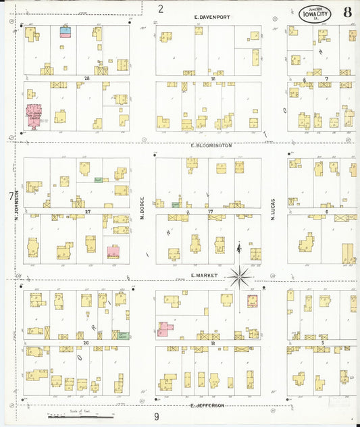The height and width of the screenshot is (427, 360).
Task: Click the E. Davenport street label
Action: pos(211,17)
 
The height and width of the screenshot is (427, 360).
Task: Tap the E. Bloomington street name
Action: pos(211,145)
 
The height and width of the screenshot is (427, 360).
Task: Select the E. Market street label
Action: pos(202,276)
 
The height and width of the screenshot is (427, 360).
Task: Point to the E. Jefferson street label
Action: pos(207,405)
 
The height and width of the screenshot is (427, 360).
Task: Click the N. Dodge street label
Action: pos(143,208)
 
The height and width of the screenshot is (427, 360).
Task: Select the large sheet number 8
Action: pos(346,12)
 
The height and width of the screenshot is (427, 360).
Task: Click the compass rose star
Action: pos(240,276)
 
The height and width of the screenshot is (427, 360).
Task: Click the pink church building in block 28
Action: pos(33,114)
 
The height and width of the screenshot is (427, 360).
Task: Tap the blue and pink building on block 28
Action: pos(66,30)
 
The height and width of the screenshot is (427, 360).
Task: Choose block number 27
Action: pos(88,212)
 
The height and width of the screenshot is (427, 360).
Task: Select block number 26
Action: pos(86,343)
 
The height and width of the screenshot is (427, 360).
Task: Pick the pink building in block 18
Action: pos(164,329)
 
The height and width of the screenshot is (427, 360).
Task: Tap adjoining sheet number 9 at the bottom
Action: pos(156,417)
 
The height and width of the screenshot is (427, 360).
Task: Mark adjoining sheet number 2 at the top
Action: pos(161,8)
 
